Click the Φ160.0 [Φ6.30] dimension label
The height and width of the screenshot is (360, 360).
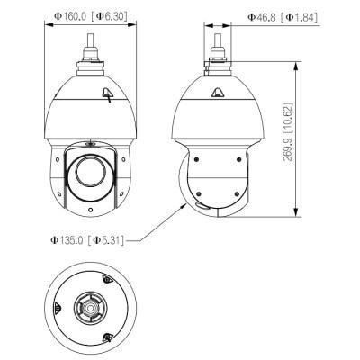point(91,16)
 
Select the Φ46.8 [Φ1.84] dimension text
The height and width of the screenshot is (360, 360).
point(283,17)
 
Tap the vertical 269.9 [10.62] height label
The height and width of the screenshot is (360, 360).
point(288,132)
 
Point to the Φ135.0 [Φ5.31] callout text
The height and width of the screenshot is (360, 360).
point(87,240)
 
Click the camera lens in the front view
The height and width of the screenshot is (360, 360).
point(90,174)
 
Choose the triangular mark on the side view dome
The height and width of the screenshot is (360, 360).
point(218,93)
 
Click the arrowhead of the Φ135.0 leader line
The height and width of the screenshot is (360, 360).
point(184,206)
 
